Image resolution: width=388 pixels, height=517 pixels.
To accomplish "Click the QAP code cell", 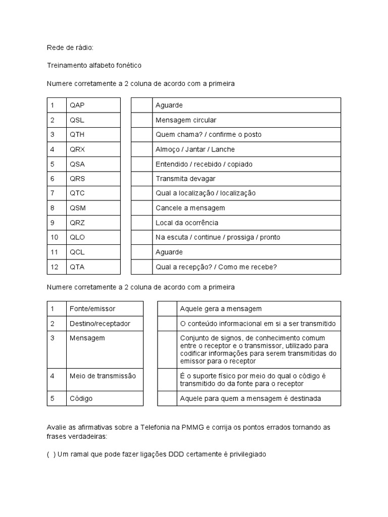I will (x=93, y=105).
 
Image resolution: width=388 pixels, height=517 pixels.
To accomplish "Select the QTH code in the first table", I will (x=93, y=134).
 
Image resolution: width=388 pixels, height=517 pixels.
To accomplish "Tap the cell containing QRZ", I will (x=93, y=223).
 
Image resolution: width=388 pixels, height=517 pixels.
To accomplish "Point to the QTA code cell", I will (x=93, y=267).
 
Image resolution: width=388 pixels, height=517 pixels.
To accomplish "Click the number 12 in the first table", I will (x=56, y=267).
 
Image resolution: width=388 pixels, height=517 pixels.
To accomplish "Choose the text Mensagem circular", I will (x=185, y=120).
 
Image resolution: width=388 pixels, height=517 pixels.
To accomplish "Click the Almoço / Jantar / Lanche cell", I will (x=195, y=149).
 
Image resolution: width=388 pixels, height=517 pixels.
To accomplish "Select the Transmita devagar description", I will (x=185, y=179).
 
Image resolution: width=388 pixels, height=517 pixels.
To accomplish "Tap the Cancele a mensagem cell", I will (x=190, y=208).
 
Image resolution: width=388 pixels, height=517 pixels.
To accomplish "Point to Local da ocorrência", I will (x=186, y=223).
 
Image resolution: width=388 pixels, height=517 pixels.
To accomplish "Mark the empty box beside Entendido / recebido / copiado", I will (x=141, y=164).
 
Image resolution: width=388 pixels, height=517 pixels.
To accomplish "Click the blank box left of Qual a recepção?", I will (x=141, y=267).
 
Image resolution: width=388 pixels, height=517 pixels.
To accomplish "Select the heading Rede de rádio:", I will (x=70, y=47).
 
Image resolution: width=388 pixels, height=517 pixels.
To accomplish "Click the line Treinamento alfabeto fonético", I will (x=94, y=65).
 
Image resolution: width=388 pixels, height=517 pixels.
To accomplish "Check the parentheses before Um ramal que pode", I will (x=51, y=454).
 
